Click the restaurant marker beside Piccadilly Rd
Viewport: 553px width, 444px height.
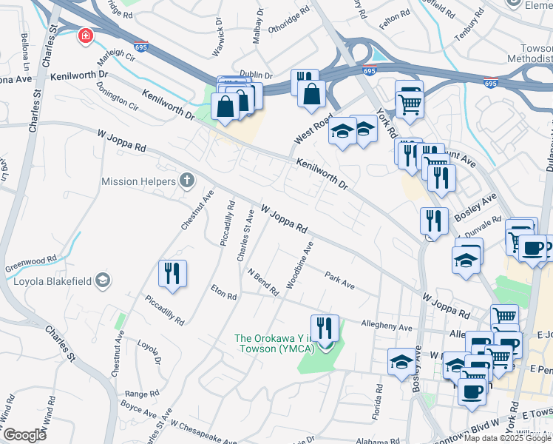172,273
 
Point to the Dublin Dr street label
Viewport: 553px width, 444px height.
257,75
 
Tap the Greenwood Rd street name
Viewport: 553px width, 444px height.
31,260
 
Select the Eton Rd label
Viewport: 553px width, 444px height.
223,292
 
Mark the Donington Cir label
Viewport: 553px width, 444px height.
118,101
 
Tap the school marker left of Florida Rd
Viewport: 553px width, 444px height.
401,362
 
